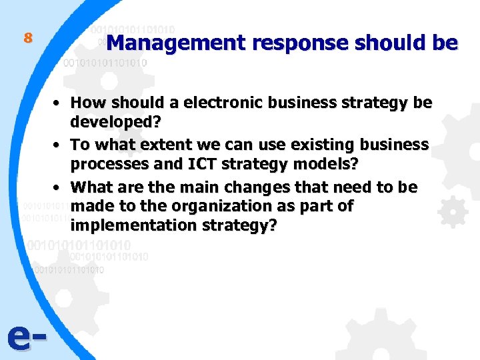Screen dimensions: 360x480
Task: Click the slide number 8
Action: pyautogui.click(x=27, y=38)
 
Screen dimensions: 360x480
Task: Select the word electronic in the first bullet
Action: pyautogui.click(x=227, y=103)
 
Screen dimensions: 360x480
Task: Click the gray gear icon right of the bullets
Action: pyautogui.click(x=453, y=213)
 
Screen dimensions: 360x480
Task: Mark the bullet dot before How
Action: pyautogui.click(x=59, y=103)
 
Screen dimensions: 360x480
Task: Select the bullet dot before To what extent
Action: pyautogui.click(x=59, y=145)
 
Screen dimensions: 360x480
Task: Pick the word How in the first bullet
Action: pyautogui.click(x=87, y=103)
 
